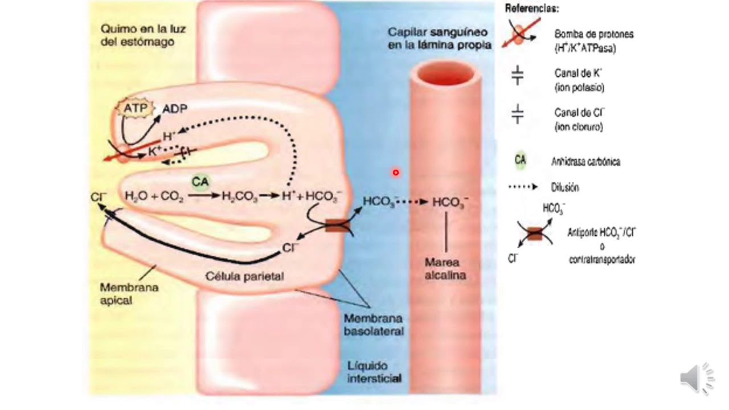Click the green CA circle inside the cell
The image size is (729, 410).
coord(199,182)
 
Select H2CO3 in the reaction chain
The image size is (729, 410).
coord(239,196)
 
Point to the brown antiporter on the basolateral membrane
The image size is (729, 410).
coord(337,226)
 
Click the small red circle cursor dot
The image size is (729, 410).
coord(395,173)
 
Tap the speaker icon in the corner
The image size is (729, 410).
coord(696,378)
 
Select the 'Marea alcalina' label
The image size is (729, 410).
coord(445,269)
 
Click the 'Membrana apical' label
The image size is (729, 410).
coord(121,294)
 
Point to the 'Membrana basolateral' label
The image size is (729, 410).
coord(374,325)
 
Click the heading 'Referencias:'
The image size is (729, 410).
coord(532,9)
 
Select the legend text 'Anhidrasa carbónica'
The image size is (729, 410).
coord(585,162)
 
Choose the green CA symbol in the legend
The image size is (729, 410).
coord(520,161)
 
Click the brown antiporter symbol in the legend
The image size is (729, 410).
coord(534,233)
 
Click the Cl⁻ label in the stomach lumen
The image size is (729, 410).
coord(98,197)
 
